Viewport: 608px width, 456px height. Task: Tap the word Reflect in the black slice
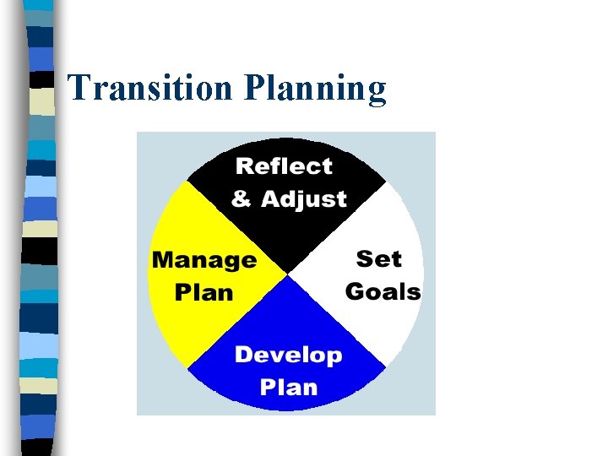(x=284, y=166)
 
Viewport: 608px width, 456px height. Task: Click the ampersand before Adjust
(x=242, y=199)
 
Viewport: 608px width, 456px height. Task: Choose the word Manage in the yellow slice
(x=204, y=260)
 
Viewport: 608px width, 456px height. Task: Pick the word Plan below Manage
(x=204, y=292)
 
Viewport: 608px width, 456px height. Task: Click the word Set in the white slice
(x=378, y=258)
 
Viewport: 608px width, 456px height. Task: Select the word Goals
(x=383, y=292)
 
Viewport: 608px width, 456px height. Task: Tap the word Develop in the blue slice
(x=288, y=356)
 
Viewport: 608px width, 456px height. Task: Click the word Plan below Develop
(x=288, y=388)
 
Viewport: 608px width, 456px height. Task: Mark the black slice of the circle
(x=287, y=228)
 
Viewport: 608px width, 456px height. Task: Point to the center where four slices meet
(x=287, y=274)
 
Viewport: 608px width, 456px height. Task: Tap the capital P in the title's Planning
(x=253, y=88)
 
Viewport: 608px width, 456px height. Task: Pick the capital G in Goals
(x=355, y=292)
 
